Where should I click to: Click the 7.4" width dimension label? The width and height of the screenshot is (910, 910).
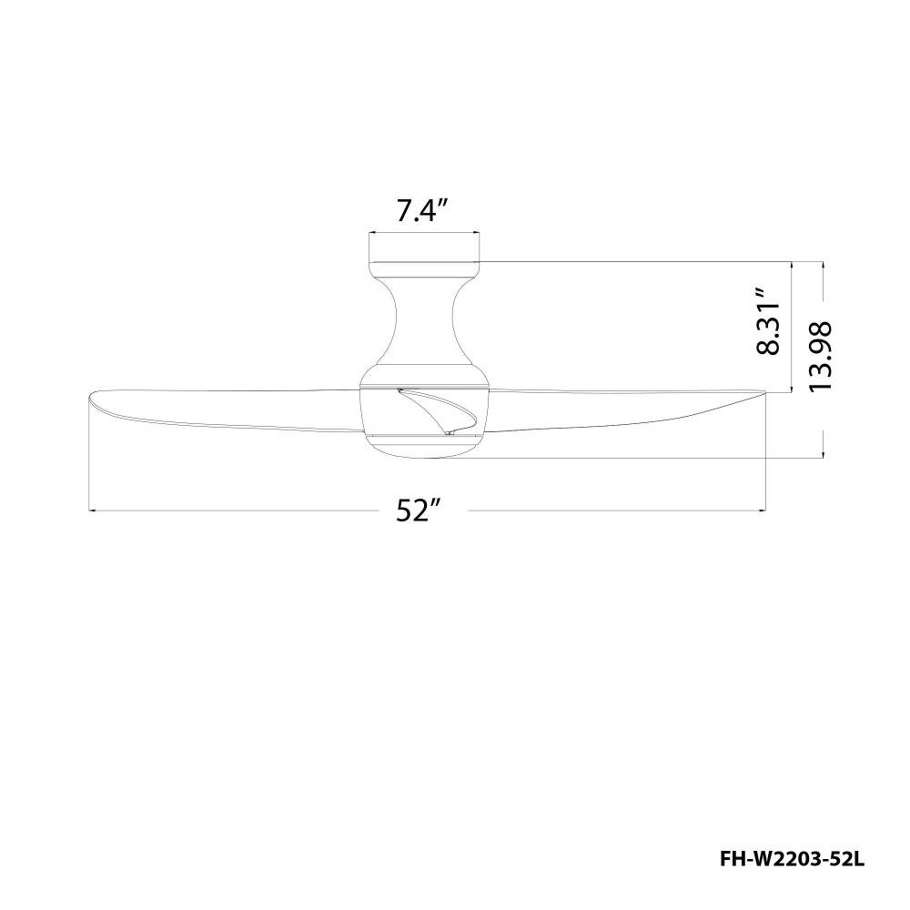[x=423, y=211]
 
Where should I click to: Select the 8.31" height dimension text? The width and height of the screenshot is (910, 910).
[x=768, y=320]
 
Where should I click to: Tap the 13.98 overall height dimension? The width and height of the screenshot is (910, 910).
[x=821, y=356]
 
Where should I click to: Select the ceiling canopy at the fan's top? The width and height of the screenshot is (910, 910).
[x=424, y=269]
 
